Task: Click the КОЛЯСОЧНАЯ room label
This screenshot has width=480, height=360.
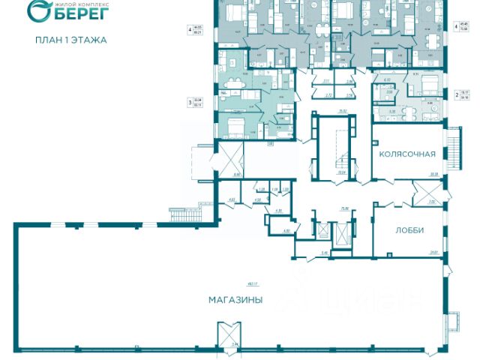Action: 407,154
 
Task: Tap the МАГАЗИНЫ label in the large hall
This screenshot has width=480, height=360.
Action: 235,300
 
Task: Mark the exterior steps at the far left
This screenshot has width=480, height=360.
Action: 180,211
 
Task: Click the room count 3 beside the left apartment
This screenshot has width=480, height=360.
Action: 189,99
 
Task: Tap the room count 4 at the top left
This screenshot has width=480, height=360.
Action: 189,30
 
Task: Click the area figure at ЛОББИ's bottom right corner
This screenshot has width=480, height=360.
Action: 433,252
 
